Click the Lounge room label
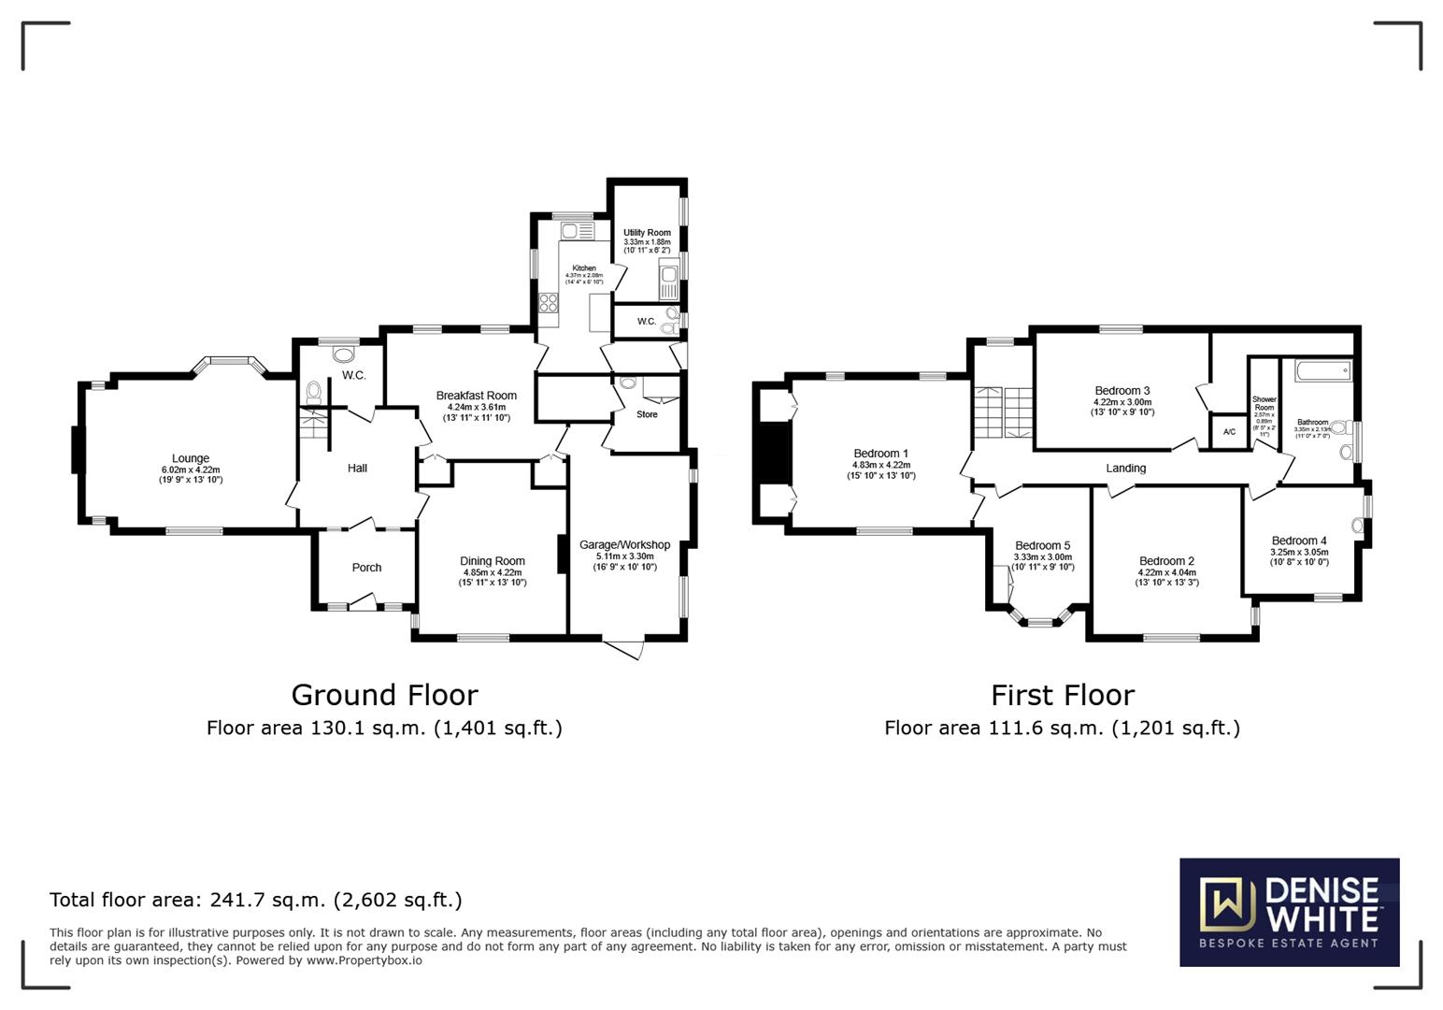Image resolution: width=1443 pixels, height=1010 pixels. coord(191,459)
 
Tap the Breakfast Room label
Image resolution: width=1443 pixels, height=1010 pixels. coord(477,396)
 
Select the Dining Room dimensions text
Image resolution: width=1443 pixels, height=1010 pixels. coord(493,578)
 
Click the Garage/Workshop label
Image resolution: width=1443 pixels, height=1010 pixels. coord(624,545)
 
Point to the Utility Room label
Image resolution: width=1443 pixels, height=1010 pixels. coord(647,233)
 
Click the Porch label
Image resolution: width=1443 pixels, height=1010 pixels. coord(366,568)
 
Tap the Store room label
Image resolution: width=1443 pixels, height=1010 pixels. coord(647,414)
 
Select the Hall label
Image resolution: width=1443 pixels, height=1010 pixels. coord(357,469)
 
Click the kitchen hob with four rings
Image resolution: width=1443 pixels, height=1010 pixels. coord(549,303)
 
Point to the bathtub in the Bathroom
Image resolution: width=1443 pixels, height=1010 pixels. coord(1323,371)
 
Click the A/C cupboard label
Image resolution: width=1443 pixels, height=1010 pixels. coord(1229,432)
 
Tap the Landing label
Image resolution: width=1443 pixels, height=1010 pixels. coord(1125,469)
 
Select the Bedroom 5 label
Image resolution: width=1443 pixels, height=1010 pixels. coord(1042,546)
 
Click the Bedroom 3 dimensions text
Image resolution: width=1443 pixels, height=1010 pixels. coord(1122,407)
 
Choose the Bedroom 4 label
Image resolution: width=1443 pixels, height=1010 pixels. coord(1299,541)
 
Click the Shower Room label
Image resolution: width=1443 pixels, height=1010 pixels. coord(1264,403)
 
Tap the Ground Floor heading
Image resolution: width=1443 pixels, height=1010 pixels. coord(384,695)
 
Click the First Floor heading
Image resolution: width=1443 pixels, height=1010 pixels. coord(1063,695)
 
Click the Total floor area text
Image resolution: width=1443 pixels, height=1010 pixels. coord(255,900)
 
